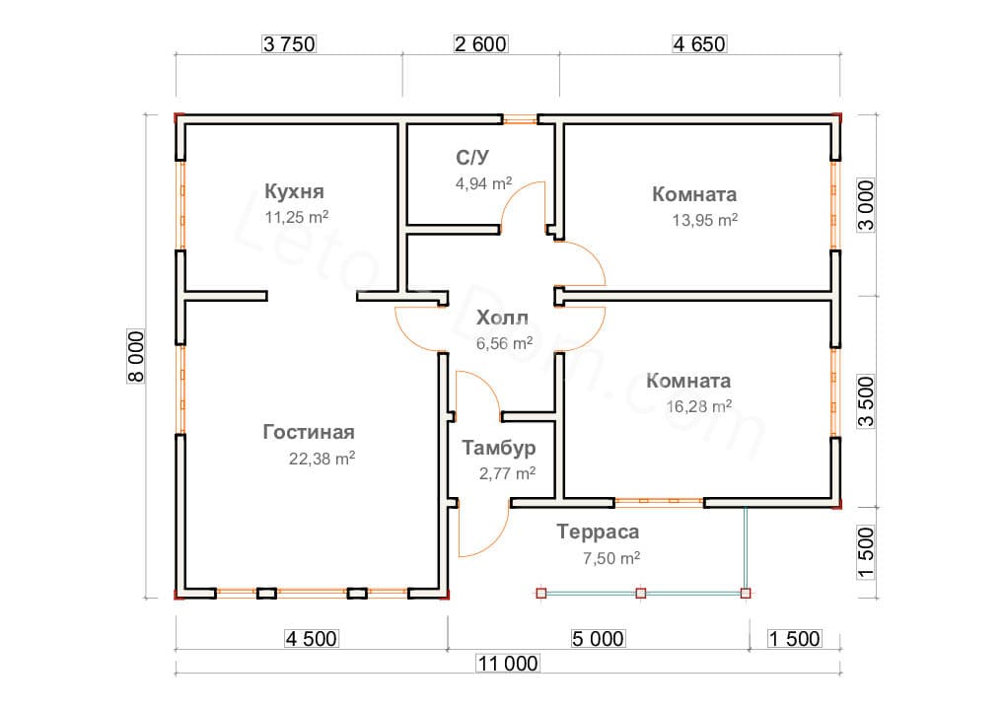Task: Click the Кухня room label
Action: (294, 191)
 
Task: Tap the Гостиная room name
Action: (309, 432)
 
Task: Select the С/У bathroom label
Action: (472, 157)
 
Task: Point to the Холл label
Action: (502, 319)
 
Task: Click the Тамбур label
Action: (499, 449)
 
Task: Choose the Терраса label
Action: (597, 532)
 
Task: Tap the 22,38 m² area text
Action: (323, 459)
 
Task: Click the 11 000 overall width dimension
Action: (508, 664)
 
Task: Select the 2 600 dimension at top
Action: (480, 44)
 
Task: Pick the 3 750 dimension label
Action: (288, 44)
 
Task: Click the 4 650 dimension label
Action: (699, 44)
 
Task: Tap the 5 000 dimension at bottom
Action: (597, 639)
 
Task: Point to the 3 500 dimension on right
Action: (866, 401)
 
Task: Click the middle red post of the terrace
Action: (641, 594)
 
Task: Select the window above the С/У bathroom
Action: (520, 120)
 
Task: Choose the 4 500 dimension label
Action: (311, 639)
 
